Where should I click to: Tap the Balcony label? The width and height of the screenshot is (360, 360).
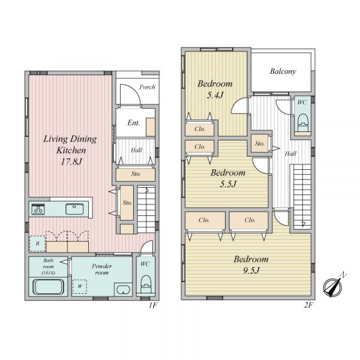(x=283, y=71)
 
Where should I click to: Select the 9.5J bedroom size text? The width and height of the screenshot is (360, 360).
(x=251, y=271)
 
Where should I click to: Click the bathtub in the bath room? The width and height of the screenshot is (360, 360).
(x=48, y=287)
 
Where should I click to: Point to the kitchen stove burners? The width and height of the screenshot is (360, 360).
(x=38, y=209)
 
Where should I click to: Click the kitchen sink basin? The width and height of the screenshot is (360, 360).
(x=74, y=209)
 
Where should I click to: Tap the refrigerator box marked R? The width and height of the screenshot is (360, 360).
(x=37, y=244)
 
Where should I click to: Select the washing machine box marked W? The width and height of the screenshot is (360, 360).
(x=80, y=287)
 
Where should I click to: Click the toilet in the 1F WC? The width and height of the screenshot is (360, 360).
(x=146, y=284)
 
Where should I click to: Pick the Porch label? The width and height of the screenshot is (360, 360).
(x=147, y=87)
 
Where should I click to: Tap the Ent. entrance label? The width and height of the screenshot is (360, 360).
(x=134, y=123)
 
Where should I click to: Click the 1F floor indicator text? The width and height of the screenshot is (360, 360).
(x=153, y=305)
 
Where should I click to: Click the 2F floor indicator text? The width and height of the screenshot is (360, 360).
(x=308, y=305)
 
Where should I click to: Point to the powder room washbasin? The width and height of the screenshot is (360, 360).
(x=123, y=290)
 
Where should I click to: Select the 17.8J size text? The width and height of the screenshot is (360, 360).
(x=71, y=162)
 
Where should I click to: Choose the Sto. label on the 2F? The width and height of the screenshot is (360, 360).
(x=260, y=144)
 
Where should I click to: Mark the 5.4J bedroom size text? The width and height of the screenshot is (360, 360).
(x=215, y=95)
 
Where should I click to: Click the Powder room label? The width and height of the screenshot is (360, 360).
(x=102, y=269)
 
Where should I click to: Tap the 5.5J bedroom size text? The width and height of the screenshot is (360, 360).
(x=228, y=184)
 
